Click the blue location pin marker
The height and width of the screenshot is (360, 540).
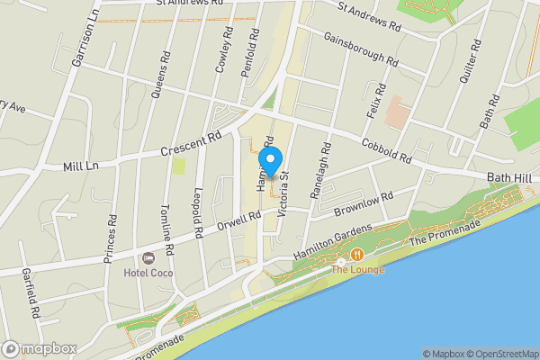[272, 158]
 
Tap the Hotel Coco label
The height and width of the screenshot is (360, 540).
[149, 273]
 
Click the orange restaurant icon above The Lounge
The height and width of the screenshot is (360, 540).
[357, 255]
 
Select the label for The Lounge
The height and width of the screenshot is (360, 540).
[358, 269]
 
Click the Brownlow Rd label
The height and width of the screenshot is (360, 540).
[364, 202]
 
